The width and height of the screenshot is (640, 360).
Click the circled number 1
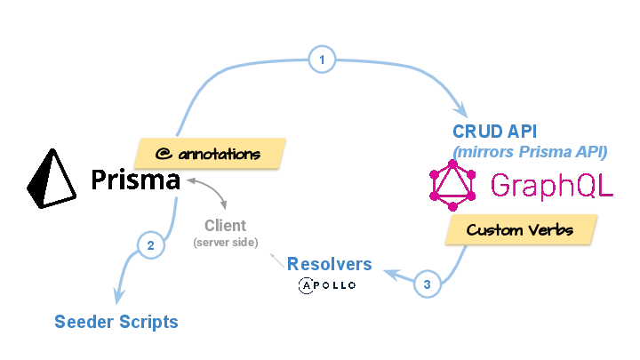[322, 60]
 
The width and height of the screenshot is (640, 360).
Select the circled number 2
[151, 245]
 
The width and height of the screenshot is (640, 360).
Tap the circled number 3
[427, 285]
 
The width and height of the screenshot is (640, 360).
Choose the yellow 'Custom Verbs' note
[520, 230]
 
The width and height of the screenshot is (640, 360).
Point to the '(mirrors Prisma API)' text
[531, 151]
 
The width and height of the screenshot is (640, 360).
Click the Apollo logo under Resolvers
[327, 285]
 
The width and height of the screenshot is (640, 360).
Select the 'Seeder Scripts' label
[116, 321]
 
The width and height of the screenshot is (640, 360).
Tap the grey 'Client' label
[225, 226]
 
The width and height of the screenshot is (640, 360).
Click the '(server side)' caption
[225, 242]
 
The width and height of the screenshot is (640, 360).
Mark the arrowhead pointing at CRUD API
[460, 110]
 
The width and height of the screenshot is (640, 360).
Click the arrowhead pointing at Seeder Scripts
[113, 297]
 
